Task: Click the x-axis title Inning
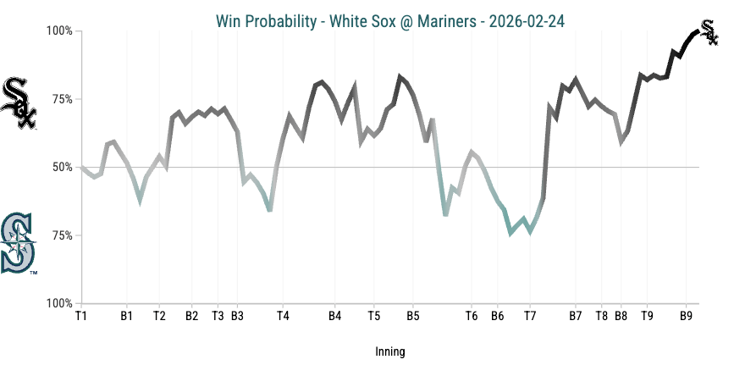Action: click(389, 351)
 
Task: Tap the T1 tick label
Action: click(81, 317)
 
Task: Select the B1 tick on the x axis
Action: click(126, 317)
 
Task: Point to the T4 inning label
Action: click(283, 317)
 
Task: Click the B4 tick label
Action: click(334, 317)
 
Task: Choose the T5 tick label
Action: click(373, 317)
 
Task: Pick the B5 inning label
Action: click(412, 317)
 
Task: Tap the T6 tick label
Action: click(472, 317)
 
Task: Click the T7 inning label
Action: click(530, 317)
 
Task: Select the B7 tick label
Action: click(576, 317)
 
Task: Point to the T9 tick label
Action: click(647, 317)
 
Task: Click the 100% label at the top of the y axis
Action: click(58, 31)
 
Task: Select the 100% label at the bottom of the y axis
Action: click(58, 303)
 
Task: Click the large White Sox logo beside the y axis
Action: click(19, 103)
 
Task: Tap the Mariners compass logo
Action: click(19, 244)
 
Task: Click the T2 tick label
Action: click(159, 317)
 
